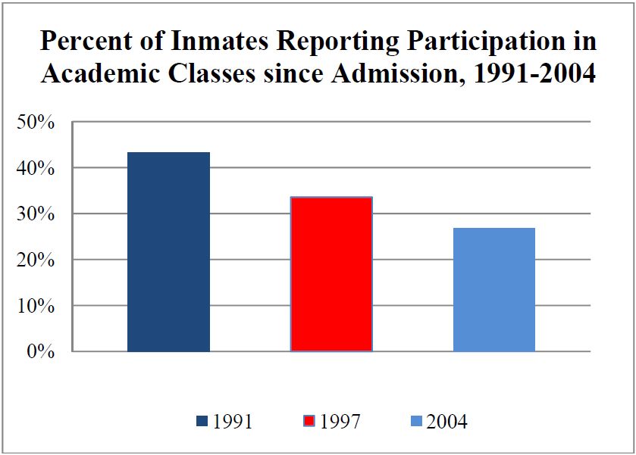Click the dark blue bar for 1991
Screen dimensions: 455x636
168,252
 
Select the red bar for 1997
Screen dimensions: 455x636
331,274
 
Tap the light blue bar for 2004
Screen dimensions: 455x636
494,290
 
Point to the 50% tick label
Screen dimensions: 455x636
38,123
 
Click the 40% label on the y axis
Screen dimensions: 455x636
38,169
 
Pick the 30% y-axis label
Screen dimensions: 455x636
38,215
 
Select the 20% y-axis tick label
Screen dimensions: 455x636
38,261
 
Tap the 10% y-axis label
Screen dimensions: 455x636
38,307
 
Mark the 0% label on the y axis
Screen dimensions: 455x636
42,353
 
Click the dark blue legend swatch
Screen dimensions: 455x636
201,421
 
